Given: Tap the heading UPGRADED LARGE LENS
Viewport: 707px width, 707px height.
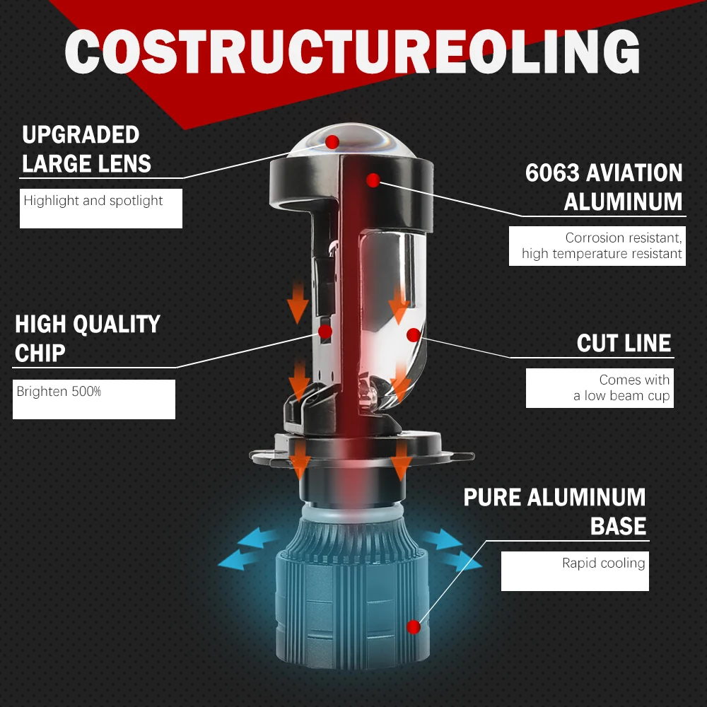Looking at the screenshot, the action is (86, 149).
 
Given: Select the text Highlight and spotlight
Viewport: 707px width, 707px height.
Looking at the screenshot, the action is (93, 201).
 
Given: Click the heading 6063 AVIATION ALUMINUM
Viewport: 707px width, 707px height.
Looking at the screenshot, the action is (604, 187).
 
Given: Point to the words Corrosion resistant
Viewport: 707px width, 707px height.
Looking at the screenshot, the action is (622, 238).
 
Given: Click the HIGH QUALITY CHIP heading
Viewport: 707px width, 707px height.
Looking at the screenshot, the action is (88, 338).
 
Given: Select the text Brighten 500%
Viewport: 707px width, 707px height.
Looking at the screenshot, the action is (59, 391).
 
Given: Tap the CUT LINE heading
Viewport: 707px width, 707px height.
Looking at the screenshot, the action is (624, 344).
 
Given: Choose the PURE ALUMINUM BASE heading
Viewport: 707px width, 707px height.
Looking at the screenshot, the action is (554, 511).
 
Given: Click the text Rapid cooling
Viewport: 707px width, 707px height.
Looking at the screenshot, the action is (603, 563).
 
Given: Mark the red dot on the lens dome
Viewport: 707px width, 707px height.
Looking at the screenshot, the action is (332, 142).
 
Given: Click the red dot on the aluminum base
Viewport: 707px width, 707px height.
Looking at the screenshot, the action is (414, 626).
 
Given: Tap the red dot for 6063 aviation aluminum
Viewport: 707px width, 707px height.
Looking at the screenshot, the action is (373, 180).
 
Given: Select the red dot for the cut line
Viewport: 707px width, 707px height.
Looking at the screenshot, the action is (414, 333).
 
